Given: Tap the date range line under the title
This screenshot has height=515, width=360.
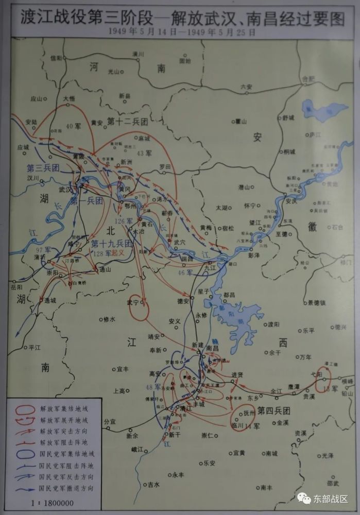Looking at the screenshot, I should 180,31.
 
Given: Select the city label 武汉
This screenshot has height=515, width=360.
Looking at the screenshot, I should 66,189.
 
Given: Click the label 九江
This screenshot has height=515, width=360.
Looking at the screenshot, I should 211,268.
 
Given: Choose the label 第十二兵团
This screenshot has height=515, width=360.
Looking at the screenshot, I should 127,122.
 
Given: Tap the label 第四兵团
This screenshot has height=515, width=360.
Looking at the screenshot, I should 275,410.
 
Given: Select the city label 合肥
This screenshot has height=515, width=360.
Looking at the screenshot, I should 307,79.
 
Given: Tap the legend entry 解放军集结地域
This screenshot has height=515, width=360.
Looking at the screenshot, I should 65,410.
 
